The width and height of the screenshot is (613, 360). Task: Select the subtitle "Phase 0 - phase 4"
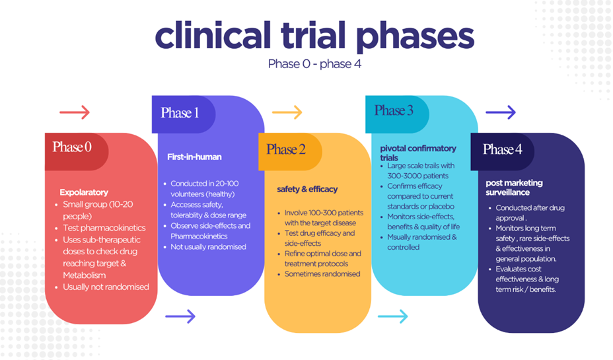[x=314, y=64]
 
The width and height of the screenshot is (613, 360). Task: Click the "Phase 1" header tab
[x=180, y=112]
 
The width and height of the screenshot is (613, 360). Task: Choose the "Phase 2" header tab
[x=286, y=149]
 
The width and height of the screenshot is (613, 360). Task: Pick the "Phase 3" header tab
[x=394, y=110]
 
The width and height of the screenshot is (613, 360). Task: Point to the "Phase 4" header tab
[x=502, y=149]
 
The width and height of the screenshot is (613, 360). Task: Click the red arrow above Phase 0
[x=75, y=112]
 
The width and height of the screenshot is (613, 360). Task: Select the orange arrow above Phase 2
[x=287, y=112]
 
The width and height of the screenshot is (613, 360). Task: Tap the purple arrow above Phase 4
[x=500, y=112]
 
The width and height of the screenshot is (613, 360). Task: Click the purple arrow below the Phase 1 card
[x=180, y=316]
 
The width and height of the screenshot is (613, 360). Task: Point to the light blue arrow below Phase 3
[x=394, y=316]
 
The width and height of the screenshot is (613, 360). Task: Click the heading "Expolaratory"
[x=84, y=192]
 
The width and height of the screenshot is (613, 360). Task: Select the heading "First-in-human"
[x=194, y=157]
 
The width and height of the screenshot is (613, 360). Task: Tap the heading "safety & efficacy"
[x=307, y=189]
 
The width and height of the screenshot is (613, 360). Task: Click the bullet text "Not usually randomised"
[x=208, y=246]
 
